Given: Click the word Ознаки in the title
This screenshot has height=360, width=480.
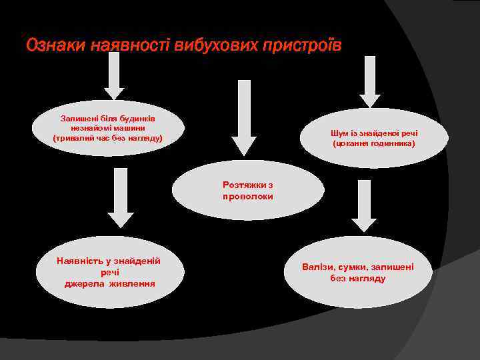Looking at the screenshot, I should pyautogui.click(x=55, y=46).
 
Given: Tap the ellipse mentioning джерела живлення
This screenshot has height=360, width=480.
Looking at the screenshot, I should pyautogui.click(x=110, y=272).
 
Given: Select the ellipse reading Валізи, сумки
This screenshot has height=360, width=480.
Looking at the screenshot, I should pyautogui.click(x=358, y=272).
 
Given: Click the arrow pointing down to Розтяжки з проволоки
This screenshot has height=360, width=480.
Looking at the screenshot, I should pyautogui.click(x=244, y=117).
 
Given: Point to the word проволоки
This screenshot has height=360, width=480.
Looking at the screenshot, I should pyautogui.click(x=248, y=197).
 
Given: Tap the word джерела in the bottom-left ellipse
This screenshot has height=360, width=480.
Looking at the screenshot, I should pyautogui.click(x=85, y=283).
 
